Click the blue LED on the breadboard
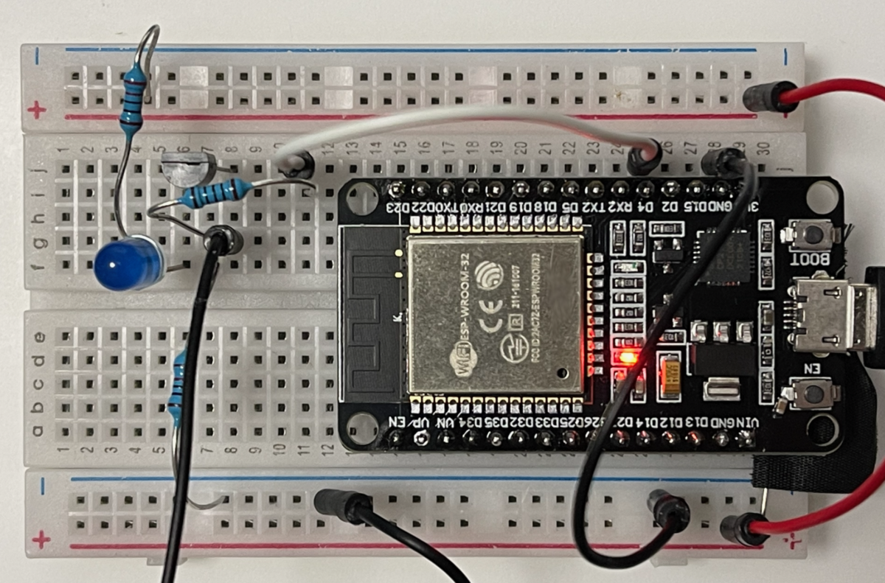tap(126, 262)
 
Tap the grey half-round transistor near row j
tap(187, 168)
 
